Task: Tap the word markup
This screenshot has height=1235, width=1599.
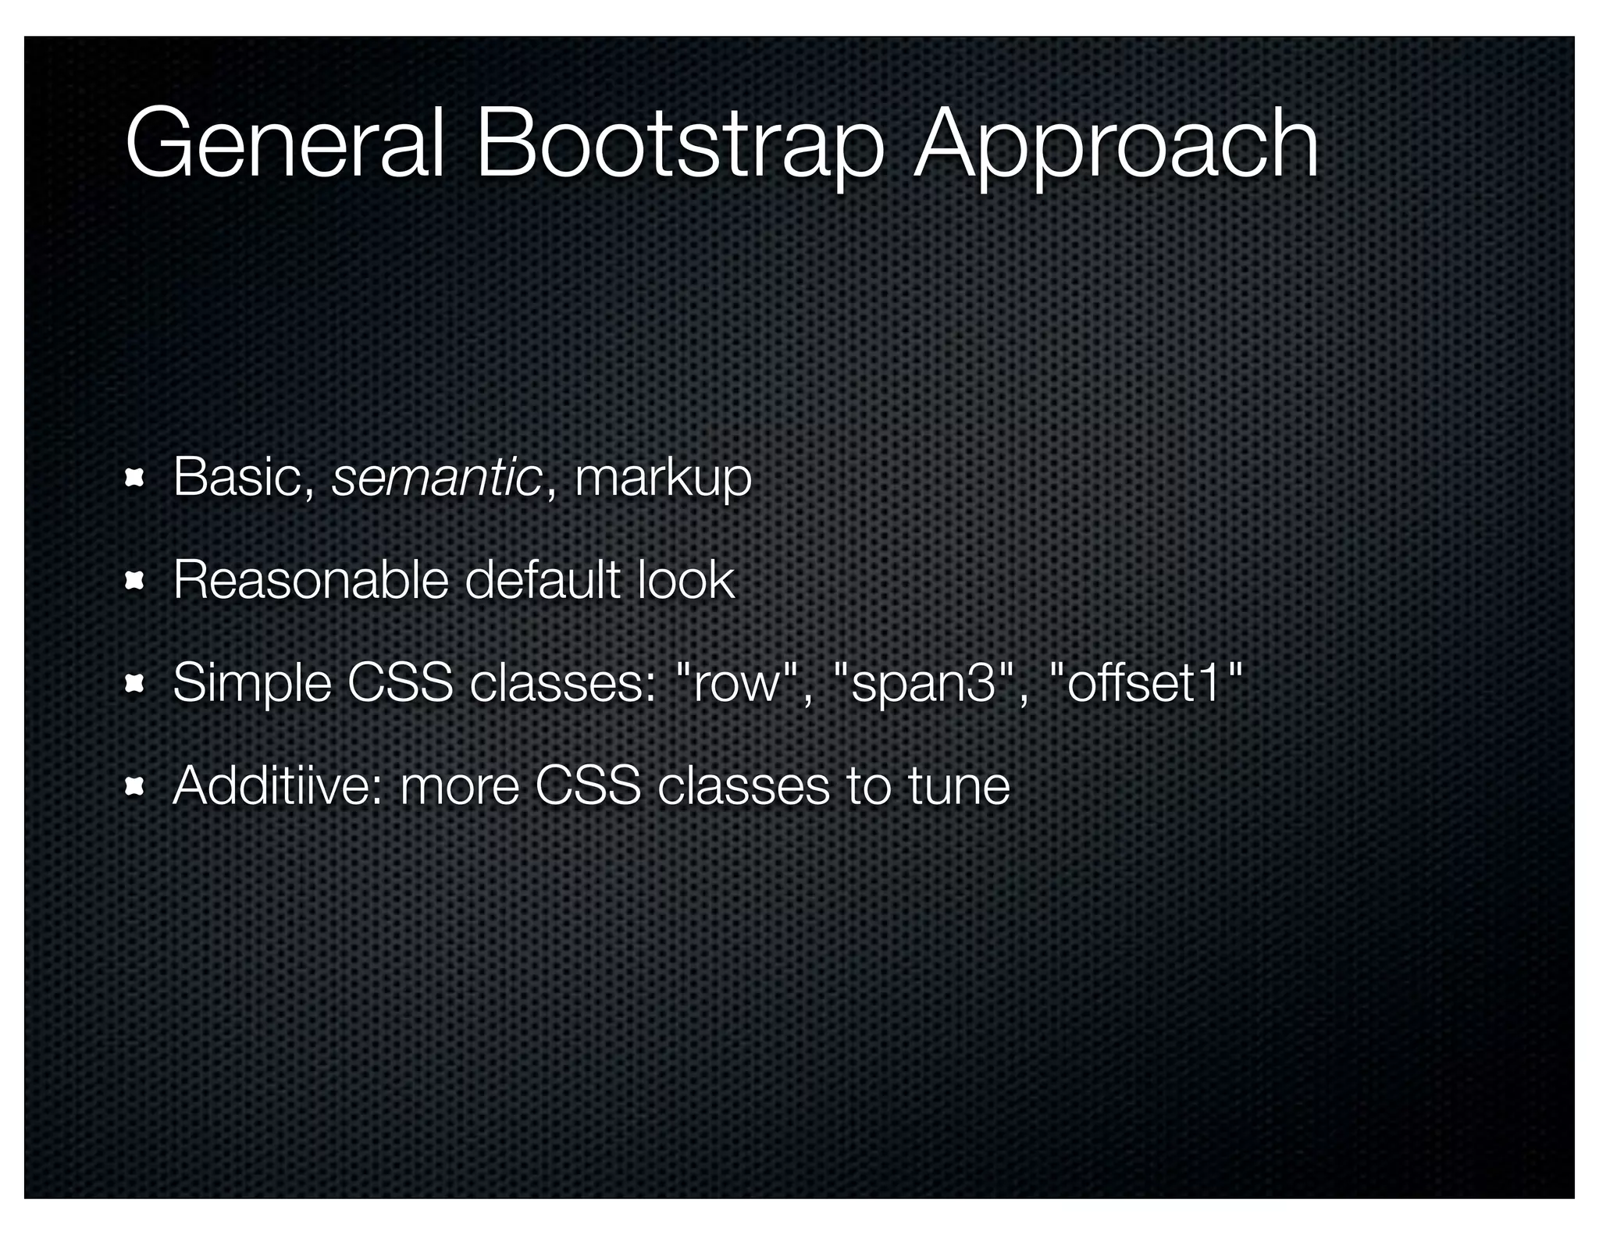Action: (663, 479)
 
